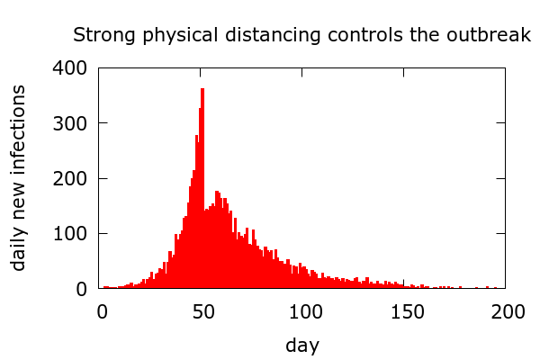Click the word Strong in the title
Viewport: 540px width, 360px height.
pos(100,36)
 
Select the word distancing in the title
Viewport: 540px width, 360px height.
pos(256,36)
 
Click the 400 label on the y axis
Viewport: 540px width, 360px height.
pos(69,68)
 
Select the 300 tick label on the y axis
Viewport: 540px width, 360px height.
pos(69,123)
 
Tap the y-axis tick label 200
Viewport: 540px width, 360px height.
pos(69,179)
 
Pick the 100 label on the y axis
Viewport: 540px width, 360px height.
pos(69,234)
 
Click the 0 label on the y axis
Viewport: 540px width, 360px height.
pos(81,289)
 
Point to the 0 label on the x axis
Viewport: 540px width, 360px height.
pos(103,311)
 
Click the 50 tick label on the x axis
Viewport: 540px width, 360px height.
pos(203,311)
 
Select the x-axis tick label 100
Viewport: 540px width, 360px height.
pos(305,311)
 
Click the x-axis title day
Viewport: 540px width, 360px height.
pos(302,345)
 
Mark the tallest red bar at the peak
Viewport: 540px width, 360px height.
pos(203,180)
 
